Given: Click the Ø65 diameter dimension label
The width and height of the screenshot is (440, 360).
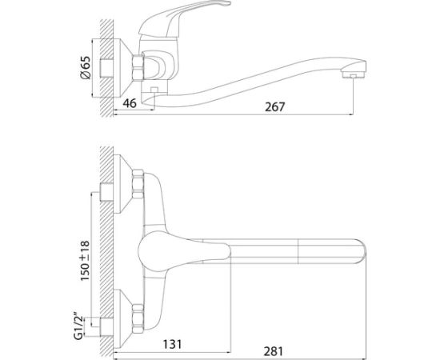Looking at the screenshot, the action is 86,68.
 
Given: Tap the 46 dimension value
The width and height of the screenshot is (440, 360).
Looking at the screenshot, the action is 130,103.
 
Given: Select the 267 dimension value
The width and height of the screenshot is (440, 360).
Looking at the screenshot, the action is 274,107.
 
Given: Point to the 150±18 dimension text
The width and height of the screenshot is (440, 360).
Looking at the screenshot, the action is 86,261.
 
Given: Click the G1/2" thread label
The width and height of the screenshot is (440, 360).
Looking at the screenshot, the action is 80,324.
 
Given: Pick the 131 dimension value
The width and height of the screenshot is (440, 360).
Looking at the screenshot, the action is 172,344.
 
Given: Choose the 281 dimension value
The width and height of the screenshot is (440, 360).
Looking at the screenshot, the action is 274,351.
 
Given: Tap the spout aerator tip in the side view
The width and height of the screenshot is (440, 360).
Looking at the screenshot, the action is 353,74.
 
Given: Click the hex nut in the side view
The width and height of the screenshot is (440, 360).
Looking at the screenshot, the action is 138,68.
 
